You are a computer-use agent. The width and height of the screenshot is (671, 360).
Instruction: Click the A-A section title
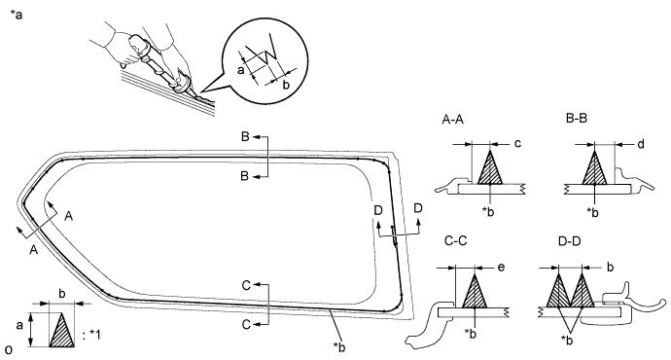(452, 120)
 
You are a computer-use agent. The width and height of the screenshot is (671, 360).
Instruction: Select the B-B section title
(576, 118)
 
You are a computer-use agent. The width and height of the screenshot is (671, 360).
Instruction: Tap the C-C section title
(455, 241)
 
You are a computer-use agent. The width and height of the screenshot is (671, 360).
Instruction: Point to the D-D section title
(570, 241)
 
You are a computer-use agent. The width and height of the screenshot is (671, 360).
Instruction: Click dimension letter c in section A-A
(517, 143)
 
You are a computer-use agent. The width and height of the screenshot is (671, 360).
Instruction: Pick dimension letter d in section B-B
(640, 144)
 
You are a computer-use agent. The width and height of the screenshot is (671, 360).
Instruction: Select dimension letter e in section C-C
(501, 268)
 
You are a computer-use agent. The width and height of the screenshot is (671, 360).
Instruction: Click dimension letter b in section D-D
(611, 268)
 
